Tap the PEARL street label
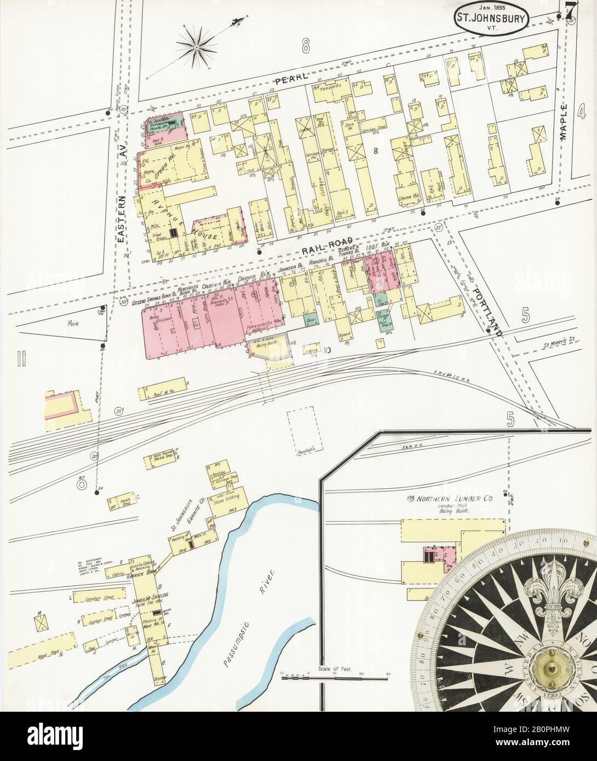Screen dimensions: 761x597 coord(289,80)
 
